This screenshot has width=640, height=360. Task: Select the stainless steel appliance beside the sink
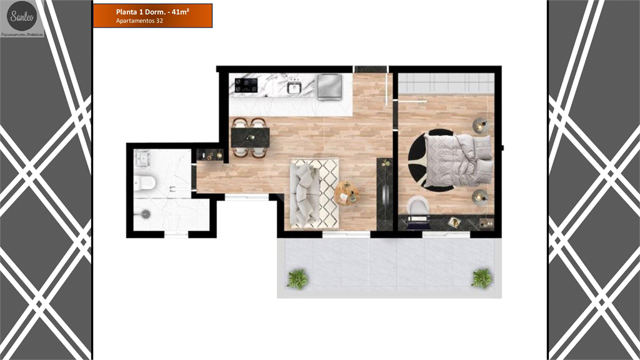(x=329, y=86)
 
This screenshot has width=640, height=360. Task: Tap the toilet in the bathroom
(x=146, y=182)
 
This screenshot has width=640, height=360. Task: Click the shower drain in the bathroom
(x=146, y=213)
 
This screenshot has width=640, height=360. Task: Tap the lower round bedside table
(x=479, y=196)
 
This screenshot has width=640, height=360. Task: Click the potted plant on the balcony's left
(x=297, y=279)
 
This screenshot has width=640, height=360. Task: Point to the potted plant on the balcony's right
(x=481, y=277)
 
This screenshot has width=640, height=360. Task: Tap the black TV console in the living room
(x=384, y=194)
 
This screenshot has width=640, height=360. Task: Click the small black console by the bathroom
(x=210, y=154)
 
